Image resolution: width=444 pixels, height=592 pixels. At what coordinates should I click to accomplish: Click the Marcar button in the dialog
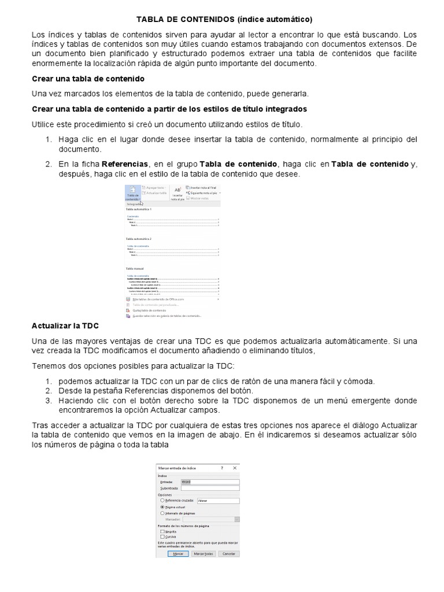click(178, 554)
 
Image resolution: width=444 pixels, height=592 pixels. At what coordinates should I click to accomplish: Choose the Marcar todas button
click(203, 554)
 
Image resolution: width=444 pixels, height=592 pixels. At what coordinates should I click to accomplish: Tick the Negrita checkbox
click(162, 531)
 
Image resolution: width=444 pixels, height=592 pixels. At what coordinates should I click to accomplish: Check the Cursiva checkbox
click(162, 536)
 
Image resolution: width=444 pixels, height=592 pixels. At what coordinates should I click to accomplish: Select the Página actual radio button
click(162, 506)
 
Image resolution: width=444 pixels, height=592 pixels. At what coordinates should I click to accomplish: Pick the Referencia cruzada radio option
click(162, 500)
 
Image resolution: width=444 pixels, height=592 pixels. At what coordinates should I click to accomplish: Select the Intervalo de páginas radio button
click(162, 513)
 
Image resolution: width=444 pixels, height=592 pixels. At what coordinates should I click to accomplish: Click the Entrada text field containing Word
click(210, 481)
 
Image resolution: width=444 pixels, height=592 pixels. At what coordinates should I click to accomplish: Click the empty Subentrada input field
click(210, 488)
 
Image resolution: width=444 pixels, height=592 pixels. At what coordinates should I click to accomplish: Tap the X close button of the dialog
click(235, 467)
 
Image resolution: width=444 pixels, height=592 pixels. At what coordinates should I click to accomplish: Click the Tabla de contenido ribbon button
click(132, 193)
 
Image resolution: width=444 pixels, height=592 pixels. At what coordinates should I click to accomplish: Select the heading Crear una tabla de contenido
click(88, 78)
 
